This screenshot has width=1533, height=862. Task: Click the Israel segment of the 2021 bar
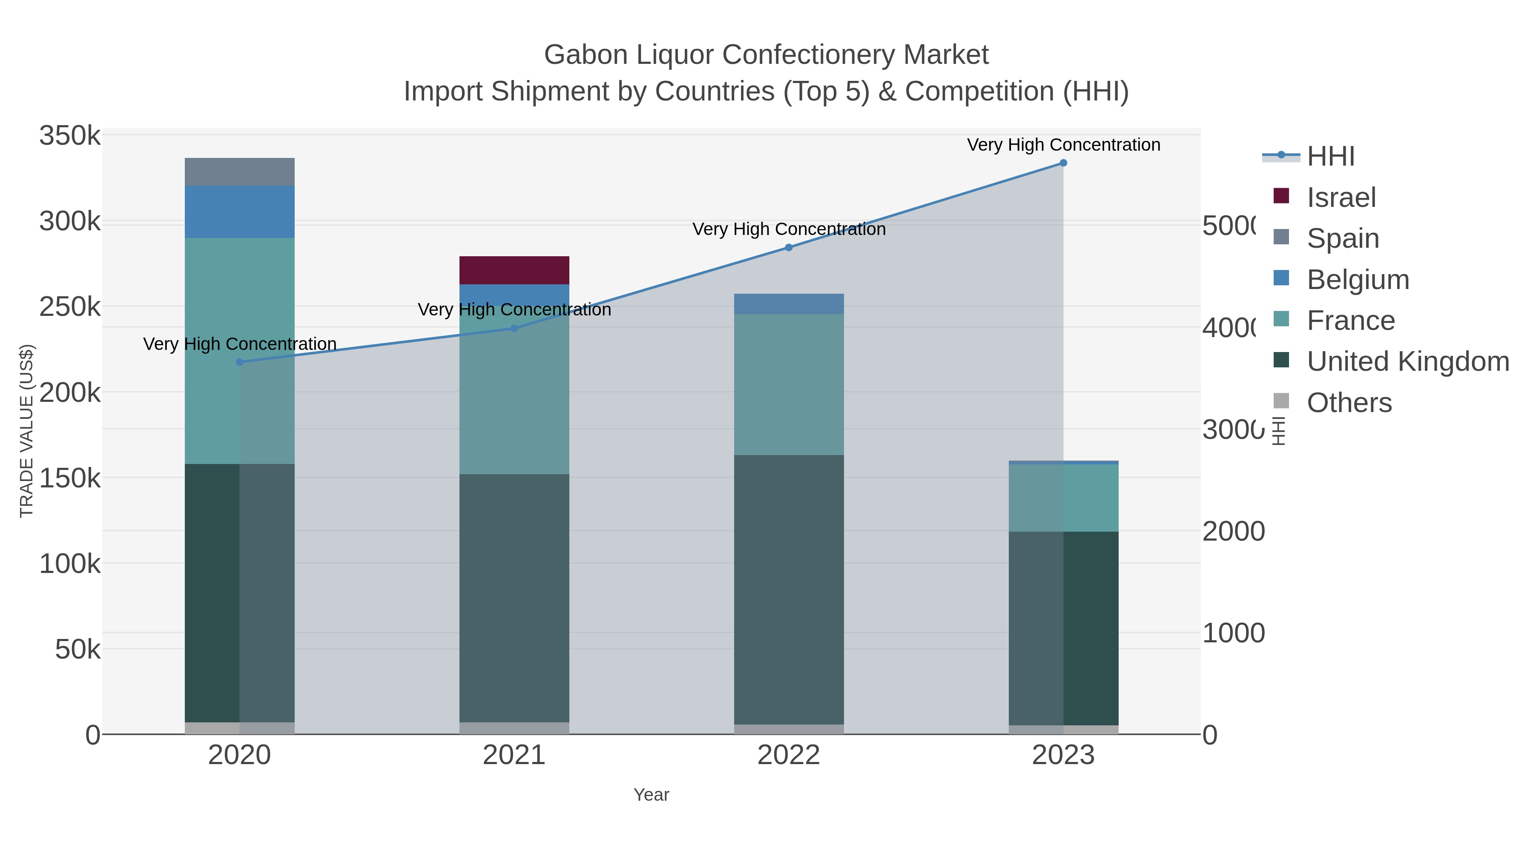tap(514, 270)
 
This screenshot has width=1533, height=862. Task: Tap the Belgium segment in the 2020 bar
tap(239, 212)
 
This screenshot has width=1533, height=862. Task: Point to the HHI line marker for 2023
tap(1063, 163)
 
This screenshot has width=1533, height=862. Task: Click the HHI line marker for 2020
tap(239, 362)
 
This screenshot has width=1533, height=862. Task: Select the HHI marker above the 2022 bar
tap(789, 247)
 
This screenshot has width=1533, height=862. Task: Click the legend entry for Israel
tap(1341, 198)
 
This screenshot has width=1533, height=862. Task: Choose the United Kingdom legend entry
tap(1407, 362)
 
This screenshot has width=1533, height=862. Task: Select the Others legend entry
tap(1349, 403)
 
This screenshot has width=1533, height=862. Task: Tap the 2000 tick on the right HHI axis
tap(1233, 531)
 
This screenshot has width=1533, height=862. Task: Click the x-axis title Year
tap(651, 795)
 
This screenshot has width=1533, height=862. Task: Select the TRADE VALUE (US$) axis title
tap(27, 431)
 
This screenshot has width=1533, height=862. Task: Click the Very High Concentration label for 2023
tap(1063, 145)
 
